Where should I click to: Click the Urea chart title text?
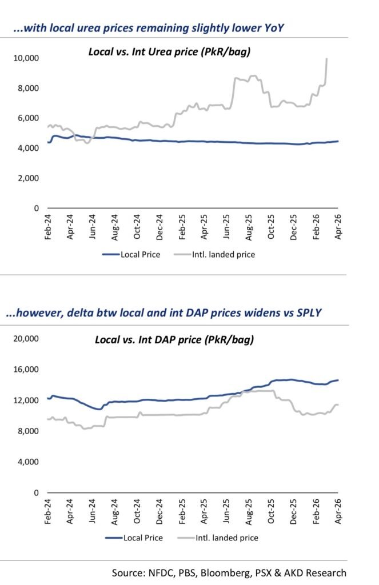pyautogui.click(x=170, y=52)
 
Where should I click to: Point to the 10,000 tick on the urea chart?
pyautogui.click(x=25, y=58)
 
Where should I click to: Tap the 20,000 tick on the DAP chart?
pyautogui.click(x=25, y=338)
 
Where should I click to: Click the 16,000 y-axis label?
pyautogui.click(x=25, y=370)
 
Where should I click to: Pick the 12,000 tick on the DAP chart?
pyautogui.click(x=25, y=400)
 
